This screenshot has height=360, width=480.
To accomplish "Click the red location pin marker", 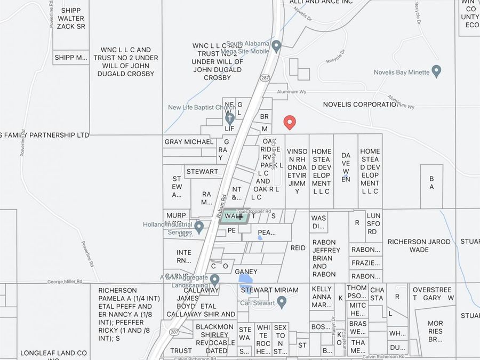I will tap(290, 122).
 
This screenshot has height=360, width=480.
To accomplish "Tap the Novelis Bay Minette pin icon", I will tap(436, 71).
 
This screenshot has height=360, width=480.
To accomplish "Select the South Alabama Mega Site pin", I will tap(276, 46).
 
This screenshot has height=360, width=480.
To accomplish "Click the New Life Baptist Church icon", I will tap(229, 118).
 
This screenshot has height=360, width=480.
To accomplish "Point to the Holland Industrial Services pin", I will tap(199, 228).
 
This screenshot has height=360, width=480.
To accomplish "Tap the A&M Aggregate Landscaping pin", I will tap(214, 279).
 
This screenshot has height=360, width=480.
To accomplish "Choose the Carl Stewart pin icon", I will tap(282, 302).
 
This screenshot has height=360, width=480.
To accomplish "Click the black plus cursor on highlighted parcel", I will tap(241, 217).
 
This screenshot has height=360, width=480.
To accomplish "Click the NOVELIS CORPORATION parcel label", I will tap(361, 105).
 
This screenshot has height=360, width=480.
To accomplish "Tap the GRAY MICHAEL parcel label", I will tap(189, 142).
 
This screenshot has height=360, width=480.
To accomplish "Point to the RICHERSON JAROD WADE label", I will tap(419, 245).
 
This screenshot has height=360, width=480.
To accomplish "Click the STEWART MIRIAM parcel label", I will tap(270, 290).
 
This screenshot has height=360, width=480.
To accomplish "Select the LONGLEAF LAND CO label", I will tap(53, 353).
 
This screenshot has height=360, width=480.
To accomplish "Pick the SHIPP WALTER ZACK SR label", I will tap(71, 18).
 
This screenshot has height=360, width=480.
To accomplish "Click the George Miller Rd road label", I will tap(65, 282).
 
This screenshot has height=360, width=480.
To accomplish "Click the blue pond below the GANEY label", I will tap(246, 279).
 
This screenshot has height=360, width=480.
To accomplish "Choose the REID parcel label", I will tap(298, 248).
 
